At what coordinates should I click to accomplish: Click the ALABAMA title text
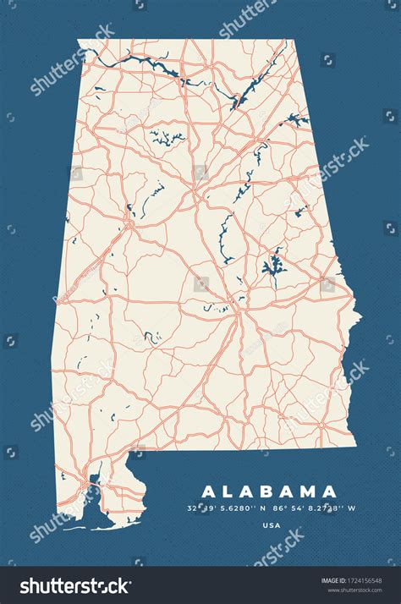[x=268, y=491]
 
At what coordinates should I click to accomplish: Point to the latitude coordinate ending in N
[x=225, y=508]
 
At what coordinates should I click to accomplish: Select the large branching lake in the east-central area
[x=273, y=266]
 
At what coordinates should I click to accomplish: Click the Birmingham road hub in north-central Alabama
[x=195, y=194]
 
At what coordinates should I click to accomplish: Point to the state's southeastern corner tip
[x=355, y=422]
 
